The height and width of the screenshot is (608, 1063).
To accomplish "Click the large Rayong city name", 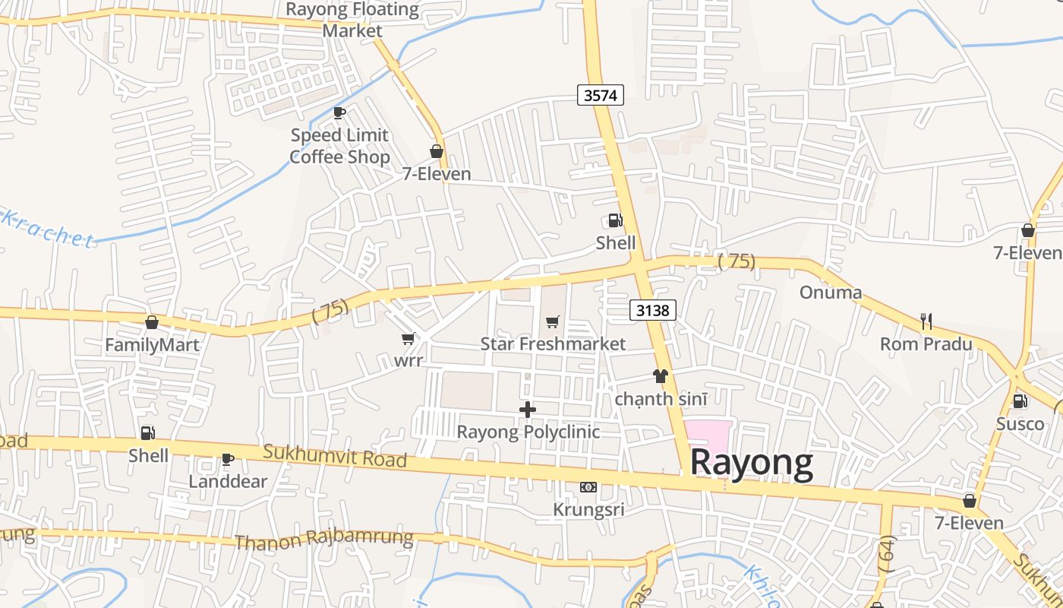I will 751,462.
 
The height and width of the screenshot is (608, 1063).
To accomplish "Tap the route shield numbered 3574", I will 600,95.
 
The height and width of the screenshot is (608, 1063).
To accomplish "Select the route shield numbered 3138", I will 652,310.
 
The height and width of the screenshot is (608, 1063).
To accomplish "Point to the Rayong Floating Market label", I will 352,21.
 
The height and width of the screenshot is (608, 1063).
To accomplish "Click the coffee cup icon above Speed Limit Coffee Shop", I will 339,113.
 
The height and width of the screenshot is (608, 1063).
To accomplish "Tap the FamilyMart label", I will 152,345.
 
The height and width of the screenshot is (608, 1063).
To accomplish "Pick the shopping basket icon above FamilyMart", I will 152,322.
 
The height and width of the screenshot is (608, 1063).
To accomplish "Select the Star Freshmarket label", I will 553,344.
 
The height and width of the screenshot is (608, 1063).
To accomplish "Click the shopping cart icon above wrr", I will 408,338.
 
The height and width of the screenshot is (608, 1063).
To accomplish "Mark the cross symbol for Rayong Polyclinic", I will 528,410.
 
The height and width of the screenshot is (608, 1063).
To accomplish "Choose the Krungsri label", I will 588,509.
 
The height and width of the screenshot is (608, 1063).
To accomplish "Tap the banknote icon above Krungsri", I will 588,487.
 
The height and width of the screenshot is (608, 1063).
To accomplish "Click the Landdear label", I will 228,481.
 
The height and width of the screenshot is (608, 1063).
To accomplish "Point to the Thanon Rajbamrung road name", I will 324,540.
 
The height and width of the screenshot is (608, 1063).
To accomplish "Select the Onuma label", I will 831,293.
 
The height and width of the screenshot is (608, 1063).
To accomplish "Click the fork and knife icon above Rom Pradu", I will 926,321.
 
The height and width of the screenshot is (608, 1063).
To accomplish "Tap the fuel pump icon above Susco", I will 1020,401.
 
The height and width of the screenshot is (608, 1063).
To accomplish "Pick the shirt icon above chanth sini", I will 660,376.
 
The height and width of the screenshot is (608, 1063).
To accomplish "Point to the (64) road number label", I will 886,553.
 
